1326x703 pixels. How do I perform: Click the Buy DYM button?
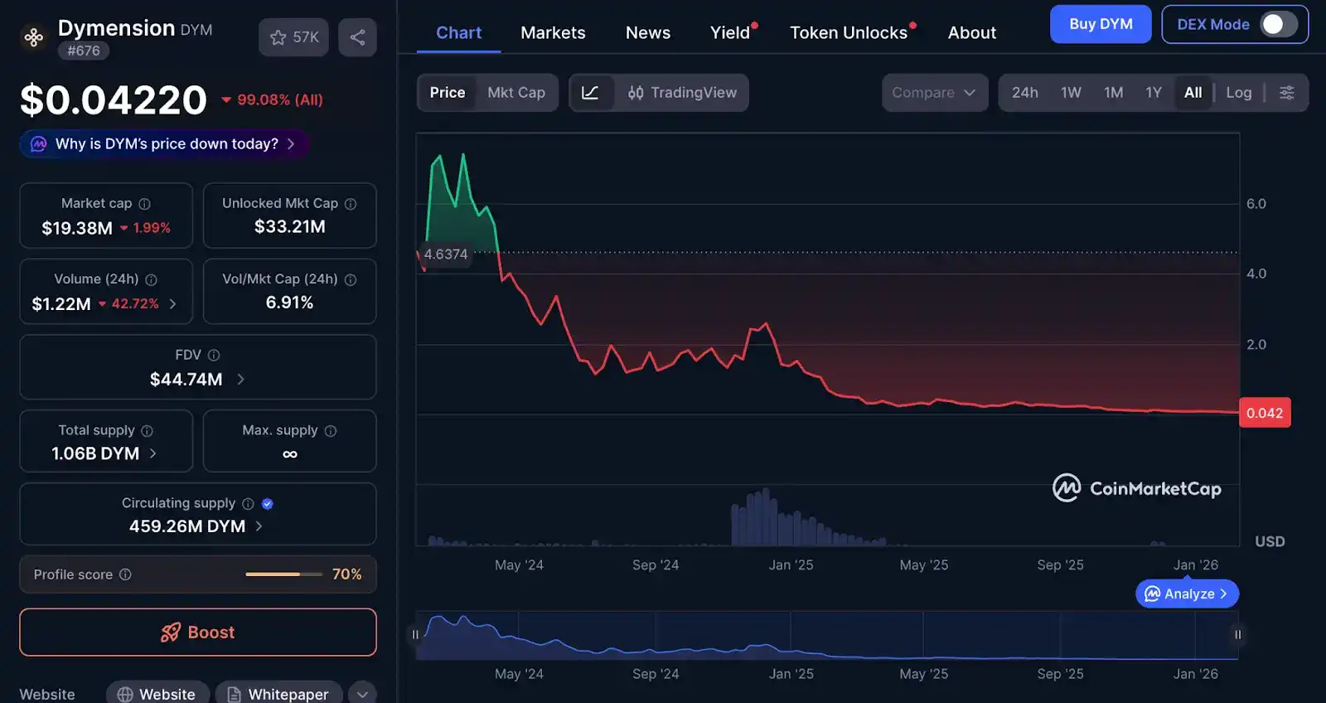click(1100, 24)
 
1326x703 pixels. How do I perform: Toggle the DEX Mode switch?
click(1278, 24)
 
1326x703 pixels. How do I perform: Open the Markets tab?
click(553, 33)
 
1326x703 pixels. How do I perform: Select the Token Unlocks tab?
click(849, 33)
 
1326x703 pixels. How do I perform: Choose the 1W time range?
click(1071, 93)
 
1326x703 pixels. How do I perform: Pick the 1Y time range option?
click(1153, 93)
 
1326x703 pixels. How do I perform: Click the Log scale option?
click(1238, 93)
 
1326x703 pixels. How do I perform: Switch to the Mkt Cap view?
click(515, 93)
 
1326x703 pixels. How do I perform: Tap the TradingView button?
click(682, 93)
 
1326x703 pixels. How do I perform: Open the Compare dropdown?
click(934, 93)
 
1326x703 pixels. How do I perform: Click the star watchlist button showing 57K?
click(293, 37)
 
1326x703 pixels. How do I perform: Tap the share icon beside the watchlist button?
click(357, 37)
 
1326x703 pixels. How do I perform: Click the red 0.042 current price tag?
click(1264, 413)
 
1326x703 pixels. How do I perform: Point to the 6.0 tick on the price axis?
click(1256, 204)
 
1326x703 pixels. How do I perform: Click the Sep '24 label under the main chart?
click(655, 565)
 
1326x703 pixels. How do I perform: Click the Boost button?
click(197, 633)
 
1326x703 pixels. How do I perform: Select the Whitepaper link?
click(278, 694)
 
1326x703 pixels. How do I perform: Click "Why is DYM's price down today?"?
click(166, 144)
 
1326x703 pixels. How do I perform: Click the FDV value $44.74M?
click(186, 380)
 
